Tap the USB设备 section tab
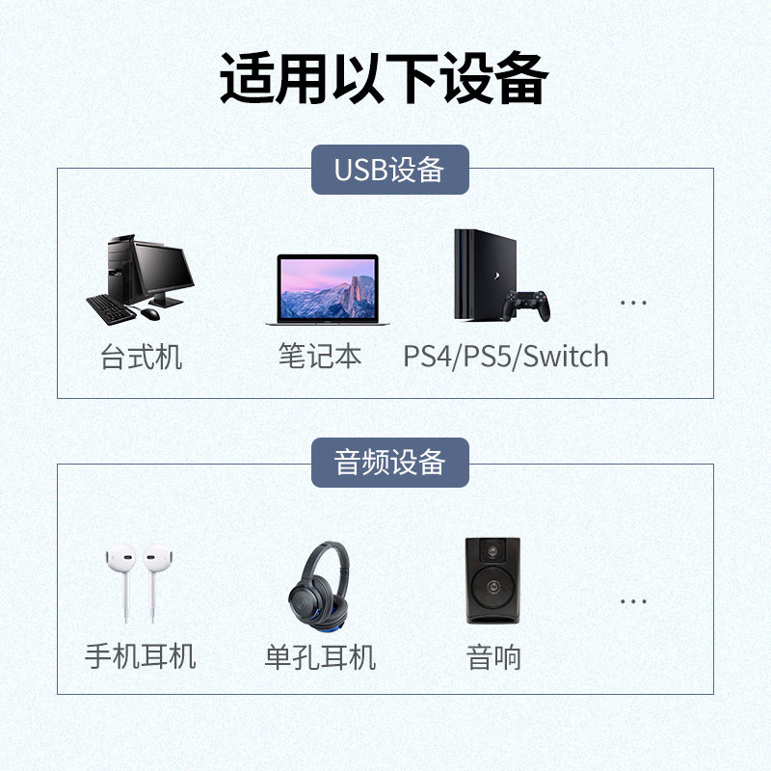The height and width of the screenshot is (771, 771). (389, 170)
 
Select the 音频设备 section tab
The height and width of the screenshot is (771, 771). (389, 463)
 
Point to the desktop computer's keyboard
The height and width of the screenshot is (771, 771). (110, 308)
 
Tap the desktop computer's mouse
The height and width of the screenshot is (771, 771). (150, 313)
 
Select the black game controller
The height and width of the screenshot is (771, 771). (529, 305)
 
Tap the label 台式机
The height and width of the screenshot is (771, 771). (141, 358)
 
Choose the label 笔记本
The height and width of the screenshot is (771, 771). (320, 356)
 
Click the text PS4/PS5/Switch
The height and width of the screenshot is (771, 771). (506, 357)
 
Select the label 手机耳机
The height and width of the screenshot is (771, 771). (141, 656)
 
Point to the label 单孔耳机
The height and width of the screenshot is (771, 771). (320, 658)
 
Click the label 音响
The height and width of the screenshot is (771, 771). (492, 658)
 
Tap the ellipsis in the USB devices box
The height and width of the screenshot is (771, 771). (633, 303)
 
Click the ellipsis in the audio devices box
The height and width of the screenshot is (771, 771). (633, 601)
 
